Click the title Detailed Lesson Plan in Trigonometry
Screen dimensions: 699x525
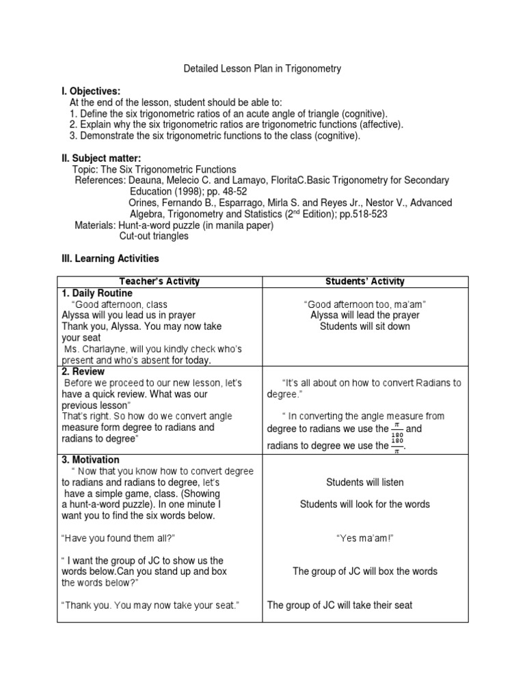(263, 69)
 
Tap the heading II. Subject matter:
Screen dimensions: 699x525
(102, 158)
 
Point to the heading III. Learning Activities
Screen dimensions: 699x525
(111, 259)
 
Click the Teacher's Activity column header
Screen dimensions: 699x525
(160, 282)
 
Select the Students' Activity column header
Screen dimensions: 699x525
(366, 282)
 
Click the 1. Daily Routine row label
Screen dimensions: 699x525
(97, 294)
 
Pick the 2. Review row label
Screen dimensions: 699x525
(83, 372)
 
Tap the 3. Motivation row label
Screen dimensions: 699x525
(90, 460)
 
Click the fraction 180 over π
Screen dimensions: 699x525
(397, 446)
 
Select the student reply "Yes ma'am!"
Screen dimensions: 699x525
(365, 539)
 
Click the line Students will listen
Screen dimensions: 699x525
(365, 483)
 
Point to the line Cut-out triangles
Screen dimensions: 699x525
(154, 236)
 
